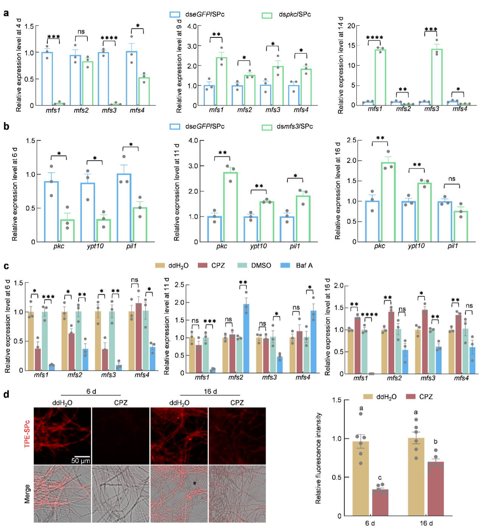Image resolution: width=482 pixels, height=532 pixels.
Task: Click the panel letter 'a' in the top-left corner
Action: [x=6, y=13]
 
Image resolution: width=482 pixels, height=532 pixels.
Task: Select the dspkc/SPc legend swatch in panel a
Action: [x=267, y=15]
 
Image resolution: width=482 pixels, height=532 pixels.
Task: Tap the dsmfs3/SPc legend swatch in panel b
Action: [x=267, y=127]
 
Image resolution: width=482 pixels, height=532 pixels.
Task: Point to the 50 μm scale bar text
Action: [x=81, y=461]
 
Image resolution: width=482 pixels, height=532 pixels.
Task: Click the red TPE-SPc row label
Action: [x=27, y=434]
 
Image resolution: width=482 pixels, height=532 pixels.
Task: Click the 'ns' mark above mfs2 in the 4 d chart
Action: [x=81, y=32]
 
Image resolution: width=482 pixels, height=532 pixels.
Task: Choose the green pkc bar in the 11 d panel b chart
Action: [x=230, y=207]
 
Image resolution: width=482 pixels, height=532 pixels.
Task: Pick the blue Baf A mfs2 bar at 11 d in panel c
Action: [x=246, y=338]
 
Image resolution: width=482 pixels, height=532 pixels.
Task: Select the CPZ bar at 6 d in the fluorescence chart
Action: [x=380, y=503]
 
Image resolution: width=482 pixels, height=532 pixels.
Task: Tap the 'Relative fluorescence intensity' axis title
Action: [x=318, y=458]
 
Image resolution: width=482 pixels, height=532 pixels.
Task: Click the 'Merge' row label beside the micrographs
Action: [x=27, y=494]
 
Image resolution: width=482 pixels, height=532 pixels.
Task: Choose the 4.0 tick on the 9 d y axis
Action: [x=192, y=26]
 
